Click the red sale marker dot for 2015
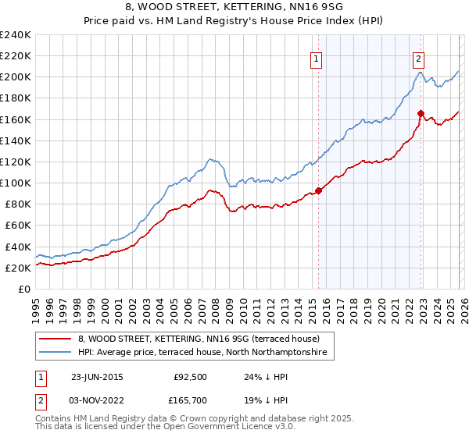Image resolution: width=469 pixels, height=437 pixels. point(318,190)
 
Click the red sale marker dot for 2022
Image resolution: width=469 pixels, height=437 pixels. point(421,113)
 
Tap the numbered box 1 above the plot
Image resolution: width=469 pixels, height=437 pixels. point(317,58)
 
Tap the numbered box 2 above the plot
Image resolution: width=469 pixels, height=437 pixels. point(419,58)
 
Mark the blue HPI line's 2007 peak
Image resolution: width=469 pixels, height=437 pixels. point(209,158)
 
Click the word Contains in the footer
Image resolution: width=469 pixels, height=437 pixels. point(55,420)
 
